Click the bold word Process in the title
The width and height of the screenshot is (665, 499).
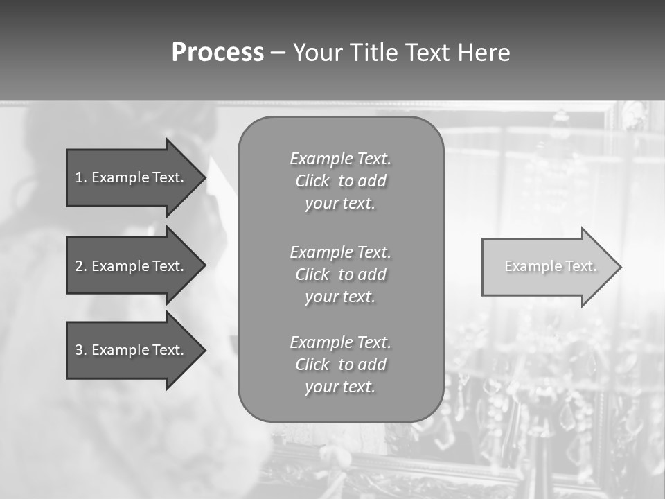[x=218, y=53]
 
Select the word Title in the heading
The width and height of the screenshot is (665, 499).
[x=373, y=53]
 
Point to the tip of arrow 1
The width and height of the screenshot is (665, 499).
[x=204, y=177]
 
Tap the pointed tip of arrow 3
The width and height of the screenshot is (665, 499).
[x=204, y=350]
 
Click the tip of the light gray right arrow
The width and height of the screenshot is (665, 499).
[x=619, y=267]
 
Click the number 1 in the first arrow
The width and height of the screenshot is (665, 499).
[x=79, y=177]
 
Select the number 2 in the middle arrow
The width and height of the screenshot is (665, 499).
[x=79, y=266]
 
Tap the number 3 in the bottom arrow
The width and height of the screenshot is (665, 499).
[x=79, y=350]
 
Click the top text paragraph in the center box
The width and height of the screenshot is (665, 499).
[x=340, y=181]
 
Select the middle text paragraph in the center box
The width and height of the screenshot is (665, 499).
[x=340, y=274]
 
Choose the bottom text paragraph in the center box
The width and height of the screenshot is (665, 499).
[x=340, y=365]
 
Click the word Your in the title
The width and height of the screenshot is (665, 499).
[x=317, y=53]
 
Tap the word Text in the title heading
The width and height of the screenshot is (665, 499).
[x=427, y=53]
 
